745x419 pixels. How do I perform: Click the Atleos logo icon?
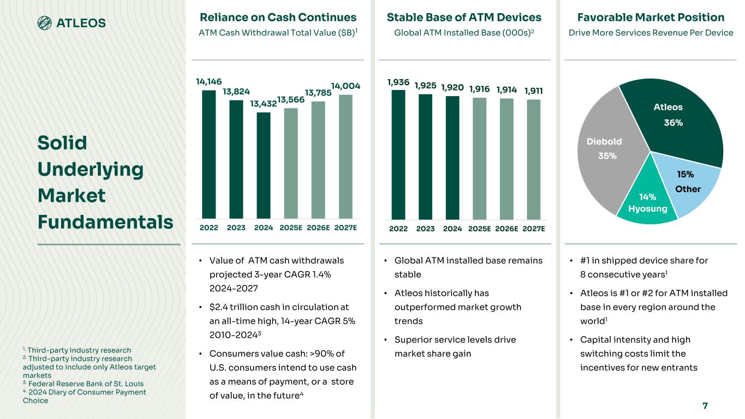tap(45, 23)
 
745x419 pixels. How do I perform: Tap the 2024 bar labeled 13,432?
tap(264, 166)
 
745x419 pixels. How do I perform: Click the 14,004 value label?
tap(346, 87)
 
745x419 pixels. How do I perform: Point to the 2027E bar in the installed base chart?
tap(534, 159)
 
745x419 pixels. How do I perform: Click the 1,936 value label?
tap(398, 82)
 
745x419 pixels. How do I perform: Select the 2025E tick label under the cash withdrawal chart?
tap(291, 228)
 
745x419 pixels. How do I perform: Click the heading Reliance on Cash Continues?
tap(278, 17)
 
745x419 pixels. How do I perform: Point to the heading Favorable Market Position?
tap(651, 17)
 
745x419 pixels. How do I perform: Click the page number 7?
tap(705, 405)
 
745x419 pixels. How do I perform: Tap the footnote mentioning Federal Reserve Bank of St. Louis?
tap(83, 384)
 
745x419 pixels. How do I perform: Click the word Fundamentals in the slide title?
tap(105, 222)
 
